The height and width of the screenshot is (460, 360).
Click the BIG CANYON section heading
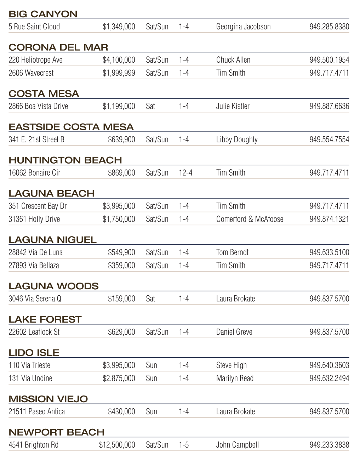coord(43,14)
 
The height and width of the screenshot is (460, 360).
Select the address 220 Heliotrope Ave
coord(35,60)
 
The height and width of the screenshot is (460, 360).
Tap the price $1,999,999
coord(119,73)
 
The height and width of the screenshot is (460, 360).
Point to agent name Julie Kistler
coord(233,106)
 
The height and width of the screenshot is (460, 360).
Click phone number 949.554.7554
coord(329,140)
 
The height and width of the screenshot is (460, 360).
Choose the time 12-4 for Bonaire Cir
coord(185,173)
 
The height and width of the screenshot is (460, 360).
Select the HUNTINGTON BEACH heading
coord(65,160)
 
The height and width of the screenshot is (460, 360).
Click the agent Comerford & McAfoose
coord(250,219)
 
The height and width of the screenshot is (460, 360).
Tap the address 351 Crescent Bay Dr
coord(38,206)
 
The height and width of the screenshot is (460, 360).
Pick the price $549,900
coord(121,252)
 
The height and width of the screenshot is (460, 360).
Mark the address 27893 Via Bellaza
coord(34,266)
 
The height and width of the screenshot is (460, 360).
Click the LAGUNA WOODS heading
coord(53,286)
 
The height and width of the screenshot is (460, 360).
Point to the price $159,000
coord(121,299)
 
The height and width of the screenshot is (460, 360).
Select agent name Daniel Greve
coord(234,332)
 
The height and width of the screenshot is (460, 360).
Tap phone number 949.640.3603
coord(329,365)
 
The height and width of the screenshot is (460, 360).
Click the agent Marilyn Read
coord(235,379)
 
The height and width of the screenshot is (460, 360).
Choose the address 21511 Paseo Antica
coord(36,412)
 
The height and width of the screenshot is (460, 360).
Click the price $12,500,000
coord(117,445)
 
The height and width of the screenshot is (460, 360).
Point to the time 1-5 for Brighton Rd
coord(184,445)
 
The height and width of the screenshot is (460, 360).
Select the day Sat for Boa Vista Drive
coord(150,106)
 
